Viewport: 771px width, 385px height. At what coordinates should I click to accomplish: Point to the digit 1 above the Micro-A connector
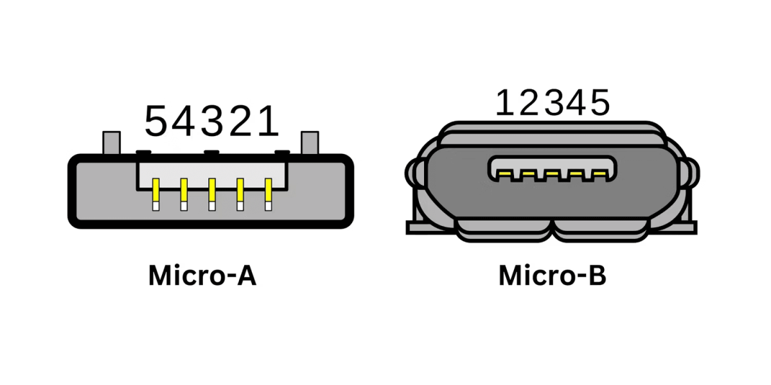coord(267,121)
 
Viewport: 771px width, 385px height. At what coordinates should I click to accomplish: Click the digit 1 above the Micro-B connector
coord(506,103)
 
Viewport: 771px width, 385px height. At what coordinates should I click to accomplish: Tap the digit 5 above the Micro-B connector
coord(599,103)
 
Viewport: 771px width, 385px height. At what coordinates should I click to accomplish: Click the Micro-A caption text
coord(202,275)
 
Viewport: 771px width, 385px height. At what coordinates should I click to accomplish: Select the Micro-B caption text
coord(553,275)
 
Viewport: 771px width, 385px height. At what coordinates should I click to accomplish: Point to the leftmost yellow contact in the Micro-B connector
coord(504,174)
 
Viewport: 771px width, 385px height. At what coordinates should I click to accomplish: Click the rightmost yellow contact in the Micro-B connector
coord(599,174)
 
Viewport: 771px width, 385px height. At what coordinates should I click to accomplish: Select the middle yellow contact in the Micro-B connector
coord(552,174)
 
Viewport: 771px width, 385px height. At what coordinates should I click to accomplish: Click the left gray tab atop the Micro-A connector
coord(111,142)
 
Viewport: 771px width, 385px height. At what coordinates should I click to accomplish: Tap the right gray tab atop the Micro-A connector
coord(310,142)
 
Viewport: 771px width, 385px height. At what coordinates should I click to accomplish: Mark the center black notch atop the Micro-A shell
coord(210,153)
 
